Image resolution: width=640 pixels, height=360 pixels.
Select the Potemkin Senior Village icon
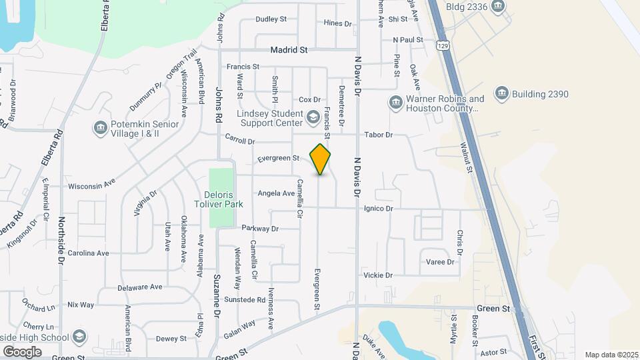[x=101, y=128]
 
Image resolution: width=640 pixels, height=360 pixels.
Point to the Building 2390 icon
[x=502, y=94]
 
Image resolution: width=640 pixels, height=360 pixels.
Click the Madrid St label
[x=289, y=50]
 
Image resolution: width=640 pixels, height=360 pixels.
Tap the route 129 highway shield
[x=443, y=45]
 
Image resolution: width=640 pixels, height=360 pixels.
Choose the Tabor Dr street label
[x=379, y=135]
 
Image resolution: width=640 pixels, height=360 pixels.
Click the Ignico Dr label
[x=379, y=209]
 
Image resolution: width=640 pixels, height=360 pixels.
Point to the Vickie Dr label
[x=378, y=275]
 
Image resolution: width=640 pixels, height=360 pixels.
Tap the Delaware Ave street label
[x=140, y=287]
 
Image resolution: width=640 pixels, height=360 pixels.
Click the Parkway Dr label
[x=260, y=228]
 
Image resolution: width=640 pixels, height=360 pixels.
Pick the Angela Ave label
[x=276, y=193]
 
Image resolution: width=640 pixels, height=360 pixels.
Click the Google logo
[x=22, y=351]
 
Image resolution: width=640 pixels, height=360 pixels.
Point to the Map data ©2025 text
[x=611, y=355]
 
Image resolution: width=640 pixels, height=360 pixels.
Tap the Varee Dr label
[x=440, y=262]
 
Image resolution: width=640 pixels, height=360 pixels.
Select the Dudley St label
[x=271, y=19]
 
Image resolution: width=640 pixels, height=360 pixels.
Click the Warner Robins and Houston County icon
[x=395, y=103]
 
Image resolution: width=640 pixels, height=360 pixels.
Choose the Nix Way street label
[x=81, y=305]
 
